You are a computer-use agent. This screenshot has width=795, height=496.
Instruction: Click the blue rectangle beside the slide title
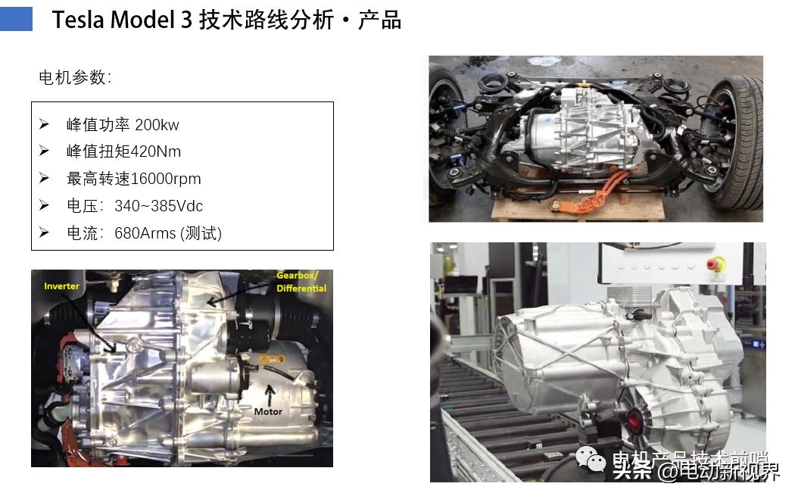16,20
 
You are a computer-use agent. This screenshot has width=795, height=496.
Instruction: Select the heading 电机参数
75,77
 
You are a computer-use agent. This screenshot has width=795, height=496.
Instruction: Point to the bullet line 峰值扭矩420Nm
123,151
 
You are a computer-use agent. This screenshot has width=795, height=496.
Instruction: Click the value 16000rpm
166,179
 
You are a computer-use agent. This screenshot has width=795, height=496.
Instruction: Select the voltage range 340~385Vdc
158,206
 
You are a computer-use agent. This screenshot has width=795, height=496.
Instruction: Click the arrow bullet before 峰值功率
45,124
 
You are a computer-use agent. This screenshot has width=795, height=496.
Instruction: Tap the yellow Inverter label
61,286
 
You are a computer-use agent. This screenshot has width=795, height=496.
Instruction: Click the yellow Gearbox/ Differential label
301,282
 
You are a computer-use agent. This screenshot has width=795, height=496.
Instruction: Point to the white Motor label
268,411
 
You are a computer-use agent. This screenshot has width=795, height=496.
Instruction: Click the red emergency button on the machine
715,265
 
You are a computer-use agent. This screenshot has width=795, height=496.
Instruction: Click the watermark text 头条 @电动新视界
696,472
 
